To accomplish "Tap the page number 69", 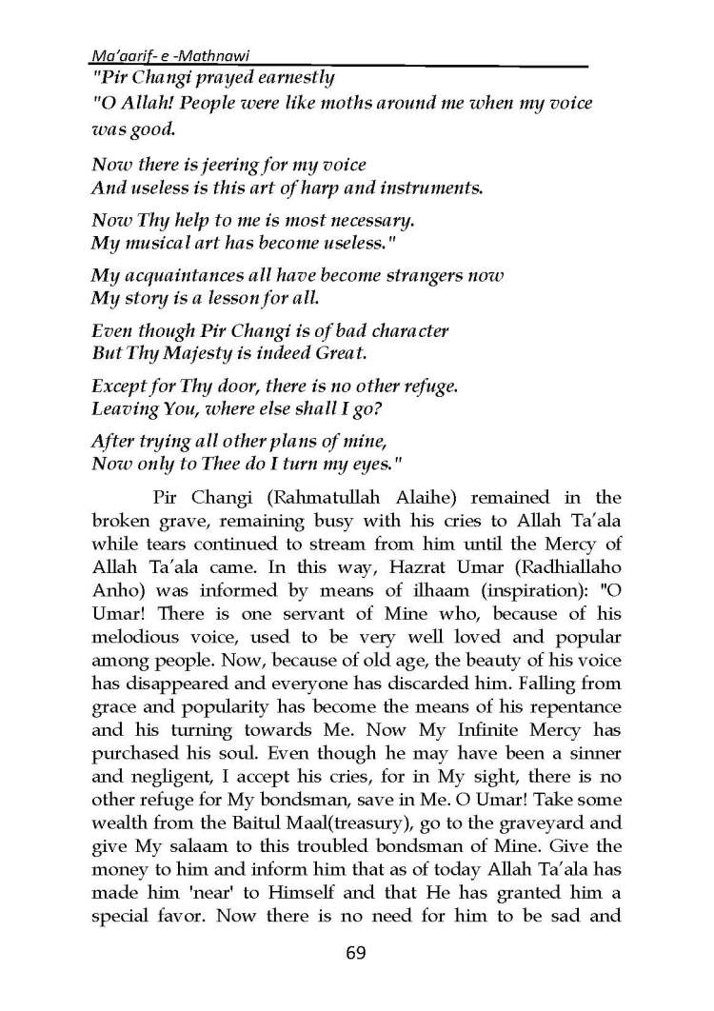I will pyautogui.click(x=356, y=953).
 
